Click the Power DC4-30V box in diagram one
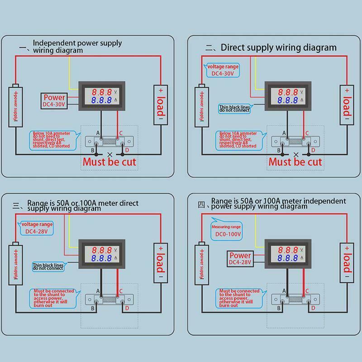coord(54,100)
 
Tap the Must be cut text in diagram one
coord(109,162)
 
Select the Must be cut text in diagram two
coord(295,162)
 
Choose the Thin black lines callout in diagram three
coord(48,267)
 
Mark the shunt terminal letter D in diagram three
coord(127,308)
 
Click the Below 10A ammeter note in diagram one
coord(51,139)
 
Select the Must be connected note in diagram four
coord(236,298)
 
